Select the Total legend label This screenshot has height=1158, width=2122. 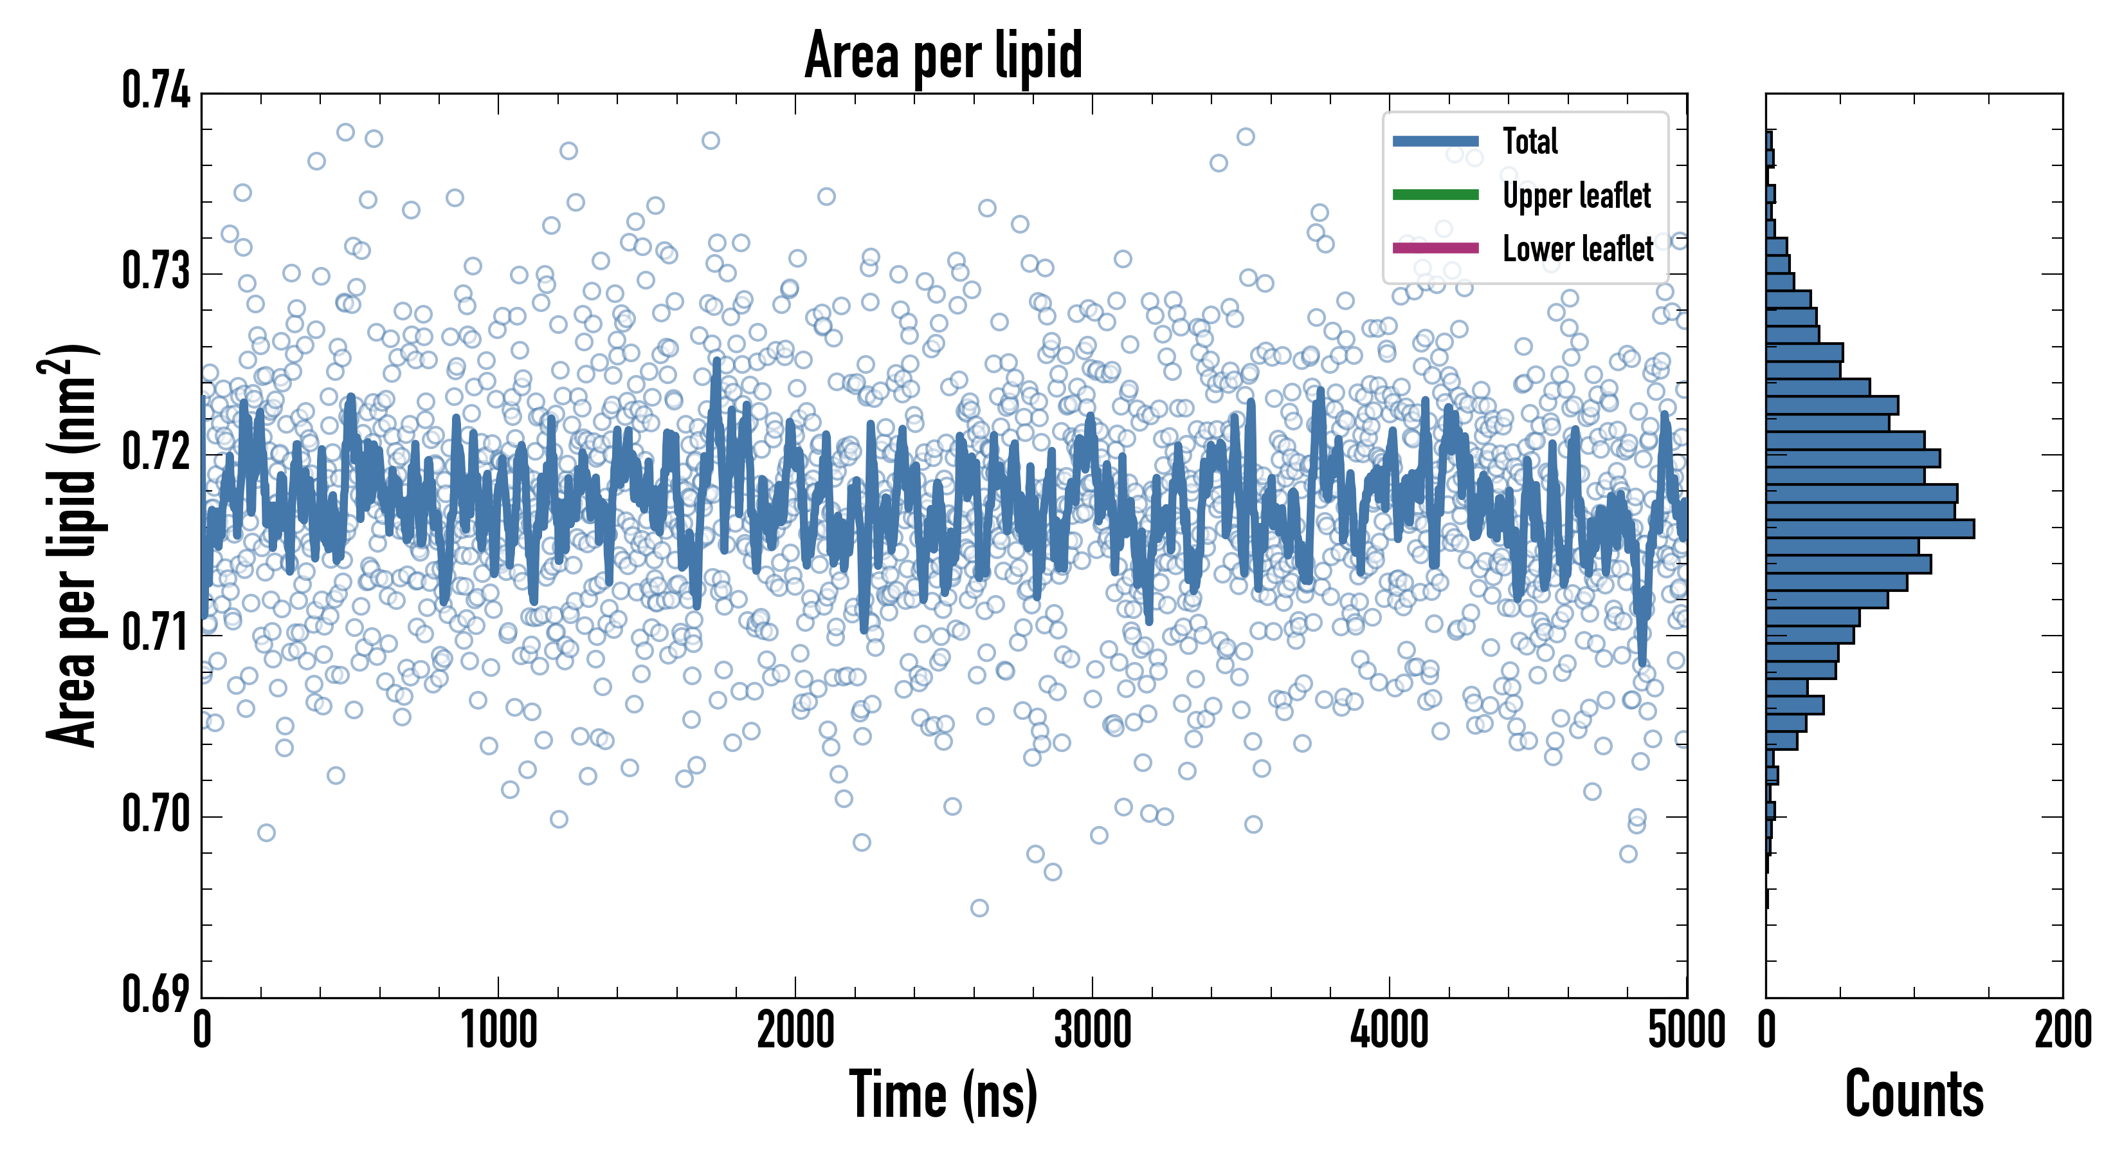pyautogui.click(x=1530, y=141)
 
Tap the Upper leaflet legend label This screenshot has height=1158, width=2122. pyautogui.click(x=1576, y=196)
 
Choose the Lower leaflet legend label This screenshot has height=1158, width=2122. pyautogui.click(x=1577, y=248)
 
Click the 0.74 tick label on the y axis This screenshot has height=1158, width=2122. pyautogui.click(x=156, y=91)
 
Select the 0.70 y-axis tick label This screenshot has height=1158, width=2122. pyautogui.click(x=156, y=814)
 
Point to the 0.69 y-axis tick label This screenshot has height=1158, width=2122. pyautogui.click(x=156, y=994)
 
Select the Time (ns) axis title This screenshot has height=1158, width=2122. pyautogui.click(x=943, y=1096)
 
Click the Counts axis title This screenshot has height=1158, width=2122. pyautogui.click(x=1914, y=1096)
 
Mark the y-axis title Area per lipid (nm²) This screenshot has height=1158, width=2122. pyautogui.click(x=71, y=544)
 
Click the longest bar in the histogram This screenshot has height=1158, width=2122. pyautogui.click(x=1870, y=528)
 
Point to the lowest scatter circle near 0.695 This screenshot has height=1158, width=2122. pyautogui.click(x=979, y=908)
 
